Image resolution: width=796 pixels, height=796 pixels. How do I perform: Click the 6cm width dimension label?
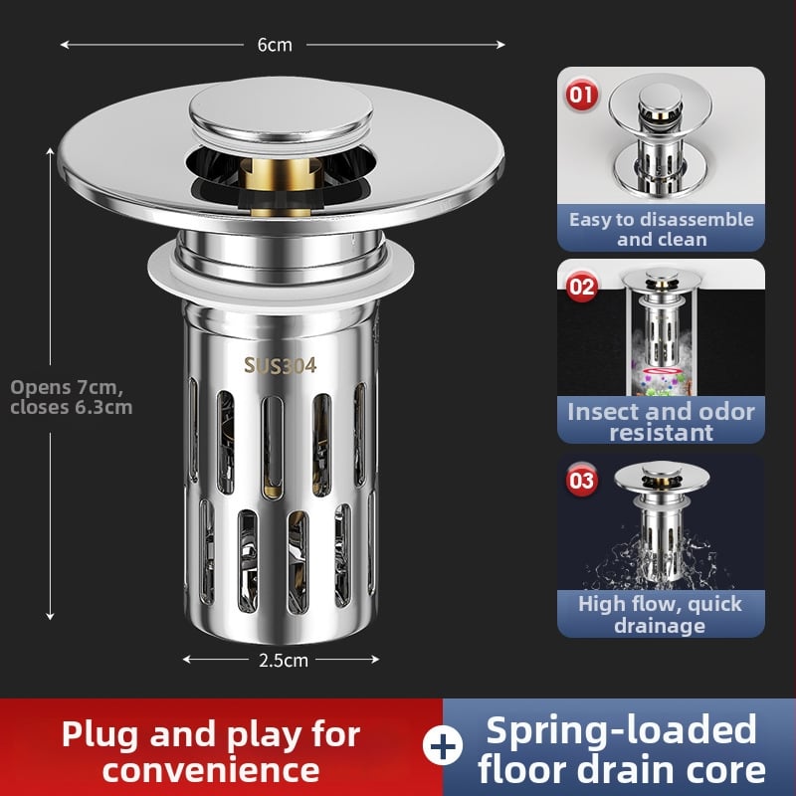(275, 45)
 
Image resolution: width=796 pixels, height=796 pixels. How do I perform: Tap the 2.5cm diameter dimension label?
(284, 660)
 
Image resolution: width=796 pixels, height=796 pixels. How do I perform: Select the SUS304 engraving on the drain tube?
(280, 365)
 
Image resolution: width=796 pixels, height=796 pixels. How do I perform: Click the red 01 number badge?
(581, 95)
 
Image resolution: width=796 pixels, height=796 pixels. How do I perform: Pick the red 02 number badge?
(581, 287)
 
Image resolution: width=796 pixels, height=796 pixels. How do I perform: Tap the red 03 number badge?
(581, 480)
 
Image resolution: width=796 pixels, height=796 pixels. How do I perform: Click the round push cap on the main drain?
(281, 110)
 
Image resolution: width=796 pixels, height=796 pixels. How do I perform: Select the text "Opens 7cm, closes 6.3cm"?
(71, 397)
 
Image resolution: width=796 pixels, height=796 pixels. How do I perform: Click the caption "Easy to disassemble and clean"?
(661, 229)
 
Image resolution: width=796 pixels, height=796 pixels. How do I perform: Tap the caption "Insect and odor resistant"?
(661, 421)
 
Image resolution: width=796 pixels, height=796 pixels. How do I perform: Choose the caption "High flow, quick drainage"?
(660, 614)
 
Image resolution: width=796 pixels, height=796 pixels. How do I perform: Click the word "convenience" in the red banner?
(211, 770)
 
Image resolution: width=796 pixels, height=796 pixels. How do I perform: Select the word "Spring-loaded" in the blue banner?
(621, 730)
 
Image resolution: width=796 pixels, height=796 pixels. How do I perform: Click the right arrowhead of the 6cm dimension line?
(501, 45)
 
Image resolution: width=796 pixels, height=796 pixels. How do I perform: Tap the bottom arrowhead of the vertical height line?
(50, 616)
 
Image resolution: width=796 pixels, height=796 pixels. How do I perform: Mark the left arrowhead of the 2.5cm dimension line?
(187, 660)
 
